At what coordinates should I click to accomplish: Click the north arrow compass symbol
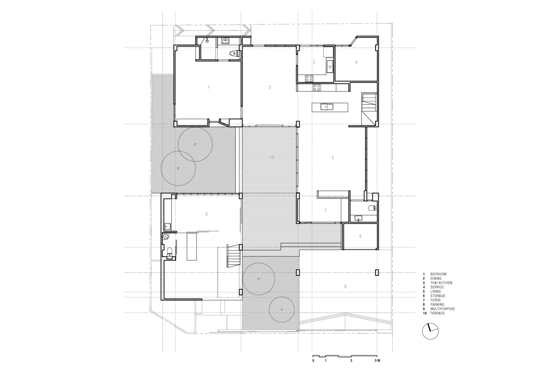point(430,331)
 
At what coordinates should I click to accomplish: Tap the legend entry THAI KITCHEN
point(441,283)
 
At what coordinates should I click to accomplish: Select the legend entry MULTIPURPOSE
point(443,309)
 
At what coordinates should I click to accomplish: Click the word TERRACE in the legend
point(438,313)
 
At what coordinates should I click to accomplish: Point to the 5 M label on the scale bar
point(377,367)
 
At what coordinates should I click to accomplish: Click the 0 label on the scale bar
point(313,367)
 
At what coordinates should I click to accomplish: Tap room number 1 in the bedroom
point(209,87)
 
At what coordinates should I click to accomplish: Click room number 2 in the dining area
point(270,87)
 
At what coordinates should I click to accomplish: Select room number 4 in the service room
point(356,62)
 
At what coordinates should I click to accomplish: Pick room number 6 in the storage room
point(360,237)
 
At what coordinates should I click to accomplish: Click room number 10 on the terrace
point(272,158)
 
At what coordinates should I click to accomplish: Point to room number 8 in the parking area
point(345,287)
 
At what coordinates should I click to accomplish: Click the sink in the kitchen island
point(327,107)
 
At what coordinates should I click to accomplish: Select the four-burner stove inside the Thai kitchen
point(309,78)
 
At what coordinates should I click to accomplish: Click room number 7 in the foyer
point(325,211)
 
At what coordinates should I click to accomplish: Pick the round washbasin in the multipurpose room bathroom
point(166,236)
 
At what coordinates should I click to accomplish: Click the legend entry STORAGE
point(438,296)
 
